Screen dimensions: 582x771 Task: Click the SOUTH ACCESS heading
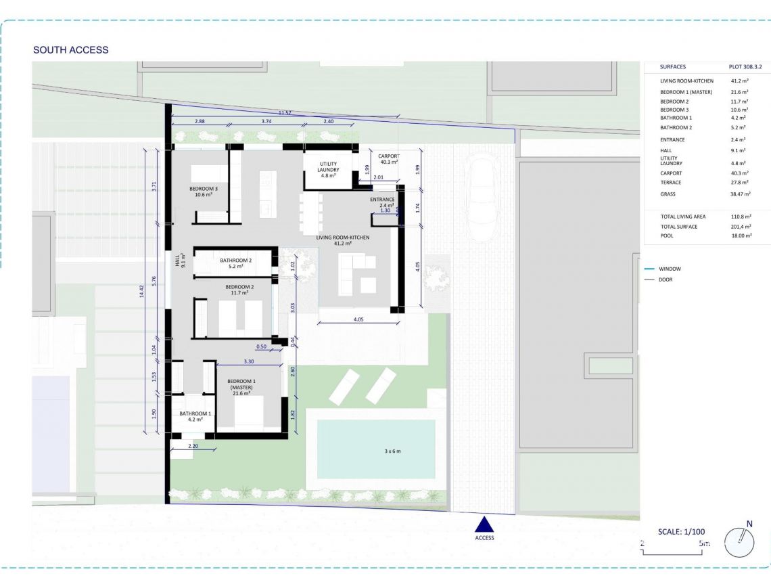click(x=70, y=50)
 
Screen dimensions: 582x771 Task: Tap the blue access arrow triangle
click(x=484, y=524)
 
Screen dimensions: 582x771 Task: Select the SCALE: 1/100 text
click(x=681, y=532)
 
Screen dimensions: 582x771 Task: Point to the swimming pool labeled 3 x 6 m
click(x=376, y=449)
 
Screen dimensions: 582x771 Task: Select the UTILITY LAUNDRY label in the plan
click(x=329, y=167)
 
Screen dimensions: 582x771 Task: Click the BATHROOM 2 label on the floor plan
click(x=235, y=264)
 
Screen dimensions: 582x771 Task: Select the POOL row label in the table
click(x=667, y=236)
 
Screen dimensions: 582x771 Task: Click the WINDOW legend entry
click(x=670, y=269)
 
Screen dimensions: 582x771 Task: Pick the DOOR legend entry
click(x=666, y=279)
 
